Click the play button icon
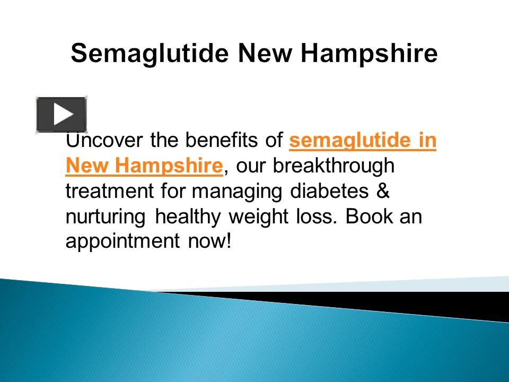[x=62, y=115]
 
